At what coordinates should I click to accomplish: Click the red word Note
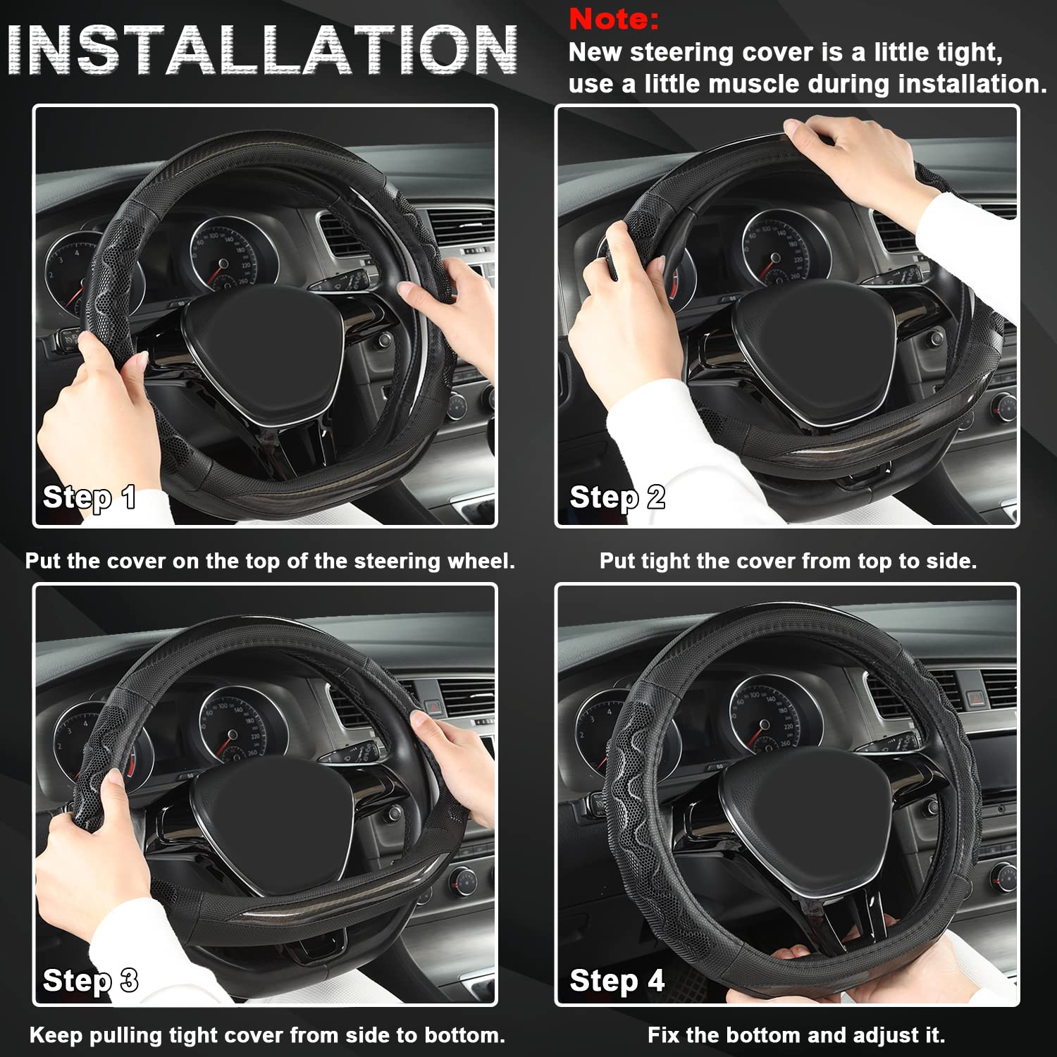coord(614,19)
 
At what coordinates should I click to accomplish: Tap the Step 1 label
coord(89,497)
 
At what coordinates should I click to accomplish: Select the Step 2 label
coord(617,497)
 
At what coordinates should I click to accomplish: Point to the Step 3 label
coord(90,981)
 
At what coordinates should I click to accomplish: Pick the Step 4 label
coord(617,981)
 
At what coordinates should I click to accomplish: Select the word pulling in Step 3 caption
coord(132,1035)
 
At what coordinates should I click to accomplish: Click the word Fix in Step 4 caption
coord(664,1035)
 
